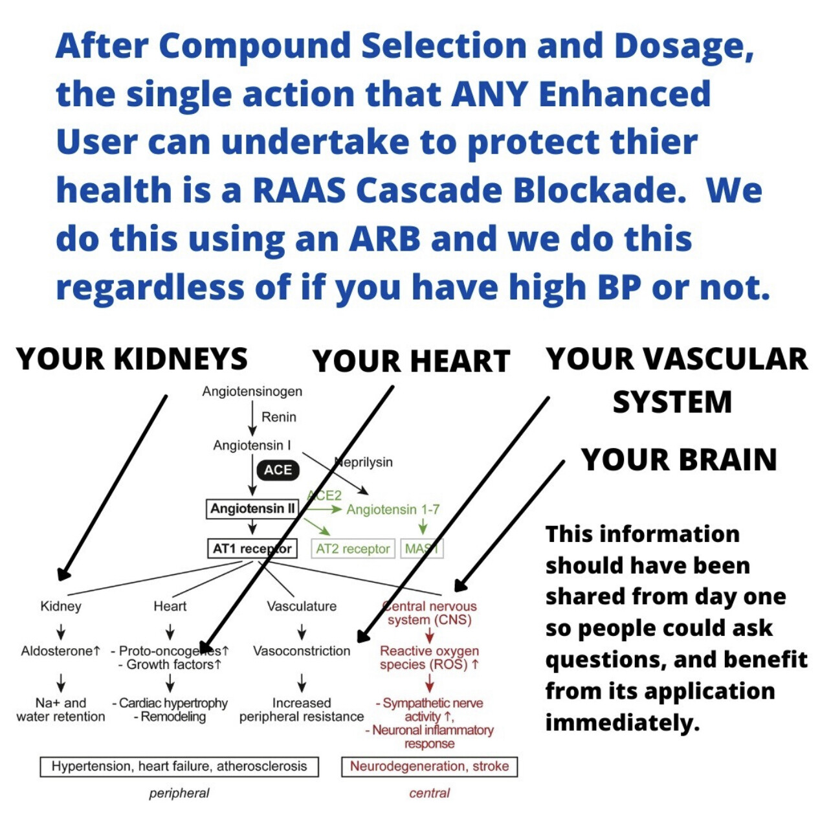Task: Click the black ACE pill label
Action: pyautogui.click(x=278, y=471)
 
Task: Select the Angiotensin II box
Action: pyautogui.click(x=252, y=509)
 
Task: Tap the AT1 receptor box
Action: pyautogui.click(x=252, y=548)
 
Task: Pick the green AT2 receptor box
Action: pyautogui.click(x=353, y=549)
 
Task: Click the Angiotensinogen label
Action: pyautogui.click(x=252, y=391)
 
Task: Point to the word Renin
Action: pyautogui.click(x=279, y=417)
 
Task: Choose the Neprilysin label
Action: pyautogui.click(x=364, y=462)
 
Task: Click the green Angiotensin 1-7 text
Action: pyautogui.click(x=393, y=510)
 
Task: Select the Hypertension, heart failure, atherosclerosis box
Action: pyautogui.click(x=179, y=767)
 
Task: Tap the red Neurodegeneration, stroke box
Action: pyautogui.click(x=429, y=767)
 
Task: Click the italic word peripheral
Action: pyautogui.click(x=179, y=793)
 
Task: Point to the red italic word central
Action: pyautogui.click(x=429, y=793)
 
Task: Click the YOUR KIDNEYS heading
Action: pyautogui.click(x=132, y=359)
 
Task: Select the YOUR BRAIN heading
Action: pyautogui.click(x=679, y=459)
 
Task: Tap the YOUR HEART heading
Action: pyautogui.click(x=412, y=361)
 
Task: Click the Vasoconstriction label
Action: pyautogui.click(x=302, y=651)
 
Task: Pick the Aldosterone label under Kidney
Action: pyautogui.click(x=61, y=651)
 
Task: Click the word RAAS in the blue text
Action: pyautogui.click(x=299, y=190)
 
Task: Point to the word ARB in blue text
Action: pyautogui.click(x=384, y=238)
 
